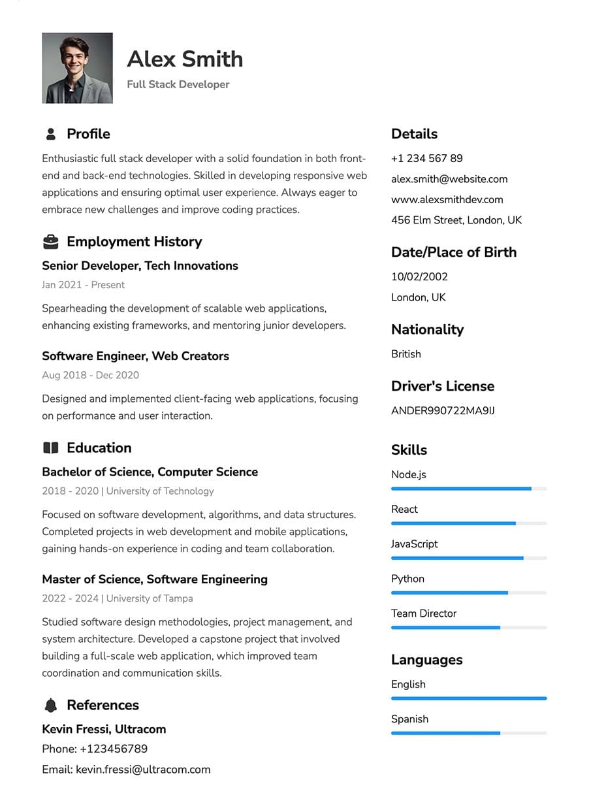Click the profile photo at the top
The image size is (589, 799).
point(77,68)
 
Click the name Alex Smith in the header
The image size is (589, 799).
point(185,59)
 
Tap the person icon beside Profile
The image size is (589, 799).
point(50,134)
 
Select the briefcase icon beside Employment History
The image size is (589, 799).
point(50,242)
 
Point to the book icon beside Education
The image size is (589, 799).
point(50,448)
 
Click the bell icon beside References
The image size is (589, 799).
point(50,705)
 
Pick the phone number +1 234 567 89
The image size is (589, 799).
point(426,158)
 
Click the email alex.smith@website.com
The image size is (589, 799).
point(449,179)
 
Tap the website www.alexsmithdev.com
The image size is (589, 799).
point(447,199)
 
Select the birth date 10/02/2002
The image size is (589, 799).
point(419,276)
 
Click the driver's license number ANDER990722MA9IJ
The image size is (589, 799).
point(443,411)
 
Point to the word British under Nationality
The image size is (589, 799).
point(406,354)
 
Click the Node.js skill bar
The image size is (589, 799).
point(468,489)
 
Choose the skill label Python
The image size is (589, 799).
point(407,579)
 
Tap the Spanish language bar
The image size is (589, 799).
point(468,733)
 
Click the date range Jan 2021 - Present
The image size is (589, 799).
point(83,285)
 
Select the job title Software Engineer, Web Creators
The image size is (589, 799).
point(135,356)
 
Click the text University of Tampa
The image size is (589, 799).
point(150,598)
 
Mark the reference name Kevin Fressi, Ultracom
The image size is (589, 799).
point(104,729)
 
